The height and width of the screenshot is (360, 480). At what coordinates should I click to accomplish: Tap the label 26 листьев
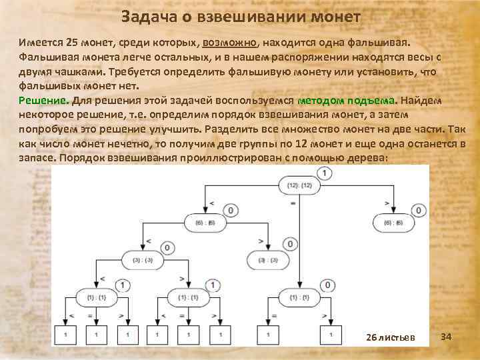[391, 338]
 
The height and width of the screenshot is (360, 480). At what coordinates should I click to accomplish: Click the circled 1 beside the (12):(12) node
[324, 173]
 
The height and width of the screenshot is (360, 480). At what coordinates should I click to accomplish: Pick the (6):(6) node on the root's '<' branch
[204, 222]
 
